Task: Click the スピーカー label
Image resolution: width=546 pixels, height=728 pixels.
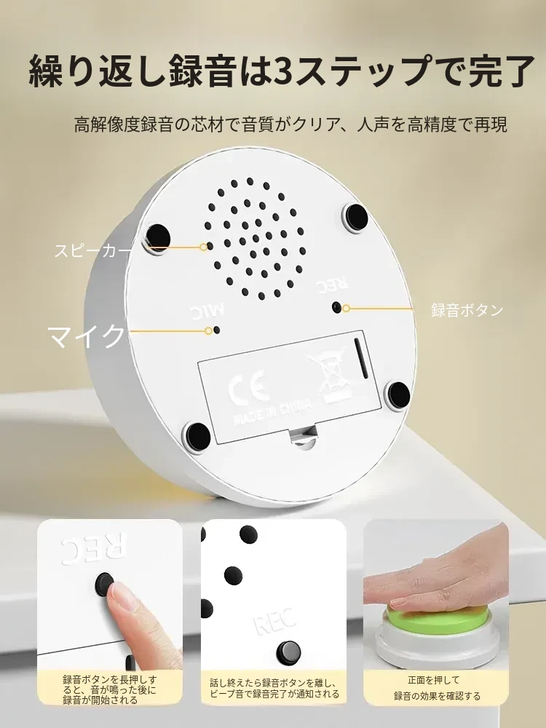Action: pyautogui.click(x=93, y=250)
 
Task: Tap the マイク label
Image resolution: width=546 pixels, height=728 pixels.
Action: pyautogui.click(x=87, y=336)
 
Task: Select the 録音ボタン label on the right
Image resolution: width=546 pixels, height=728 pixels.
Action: pyautogui.click(x=467, y=309)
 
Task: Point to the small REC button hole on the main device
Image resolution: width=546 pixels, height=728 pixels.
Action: pyautogui.click(x=336, y=307)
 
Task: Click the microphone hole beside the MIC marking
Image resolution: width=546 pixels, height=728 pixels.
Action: pyautogui.click(x=217, y=330)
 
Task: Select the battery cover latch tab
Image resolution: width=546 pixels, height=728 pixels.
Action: pyautogui.click(x=303, y=438)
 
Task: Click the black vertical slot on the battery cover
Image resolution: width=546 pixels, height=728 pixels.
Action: pyautogui.click(x=360, y=357)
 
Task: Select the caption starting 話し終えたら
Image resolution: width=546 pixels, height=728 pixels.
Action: pyautogui.click(x=274, y=688)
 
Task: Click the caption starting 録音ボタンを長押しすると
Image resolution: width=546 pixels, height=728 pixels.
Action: pyautogui.click(x=110, y=690)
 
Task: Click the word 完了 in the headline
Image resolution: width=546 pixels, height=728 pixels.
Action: pyautogui.click(x=502, y=71)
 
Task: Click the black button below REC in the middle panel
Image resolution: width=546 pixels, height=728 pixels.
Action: pyautogui.click(x=288, y=652)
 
